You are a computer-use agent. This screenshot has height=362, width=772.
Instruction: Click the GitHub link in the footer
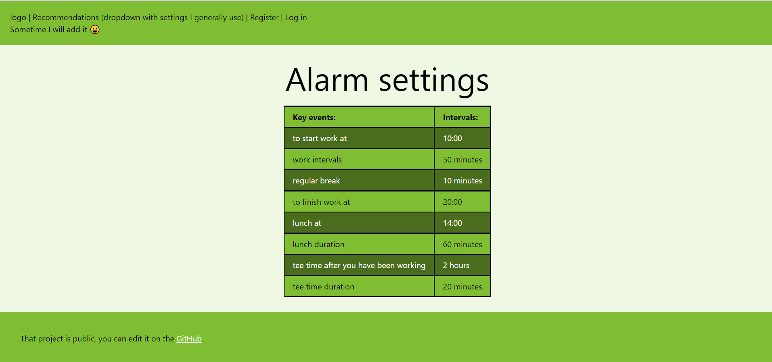pyautogui.click(x=189, y=339)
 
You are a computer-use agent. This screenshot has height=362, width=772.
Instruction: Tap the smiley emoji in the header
pyautogui.click(x=95, y=29)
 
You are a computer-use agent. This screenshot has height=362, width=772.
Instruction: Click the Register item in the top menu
pyautogui.click(x=264, y=17)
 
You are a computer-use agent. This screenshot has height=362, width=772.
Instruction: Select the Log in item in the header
pyautogui.click(x=296, y=17)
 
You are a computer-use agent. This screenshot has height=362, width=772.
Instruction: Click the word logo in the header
pyautogui.click(x=18, y=17)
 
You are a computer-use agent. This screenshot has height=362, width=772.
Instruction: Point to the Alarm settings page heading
pyautogui.click(x=387, y=80)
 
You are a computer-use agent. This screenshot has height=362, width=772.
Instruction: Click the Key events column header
pyautogui.click(x=314, y=117)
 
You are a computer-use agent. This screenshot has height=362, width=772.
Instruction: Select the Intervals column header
pyautogui.click(x=460, y=117)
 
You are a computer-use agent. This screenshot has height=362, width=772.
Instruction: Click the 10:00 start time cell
pyautogui.click(x=452, y=138)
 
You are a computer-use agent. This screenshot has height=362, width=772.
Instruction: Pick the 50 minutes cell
pyautogui.click(x=462, y=160)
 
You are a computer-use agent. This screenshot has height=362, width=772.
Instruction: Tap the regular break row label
pyautogui.click(x=316, y=181)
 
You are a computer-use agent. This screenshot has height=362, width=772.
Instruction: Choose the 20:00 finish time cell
pyautogui.click(x=452, y=202)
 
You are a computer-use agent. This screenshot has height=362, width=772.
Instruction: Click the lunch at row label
pyautogui.click(x=307, y=223)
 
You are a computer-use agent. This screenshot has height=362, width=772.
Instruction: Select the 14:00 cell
pyautogui.click(x=452, y=223)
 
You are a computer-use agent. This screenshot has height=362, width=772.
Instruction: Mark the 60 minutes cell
pyautogui.click(x=462, y=244)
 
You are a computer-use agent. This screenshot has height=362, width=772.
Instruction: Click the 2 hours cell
pyautogui.click(x=456, y=265)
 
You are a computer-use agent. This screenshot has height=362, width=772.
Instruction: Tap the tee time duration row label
pyautogui.click(x=323, y=287)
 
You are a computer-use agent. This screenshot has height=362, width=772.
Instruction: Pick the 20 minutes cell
pyautogui.click(x=462, y=287)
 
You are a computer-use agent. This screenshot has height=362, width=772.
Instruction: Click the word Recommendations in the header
pyautogui.click(x=66, y=17)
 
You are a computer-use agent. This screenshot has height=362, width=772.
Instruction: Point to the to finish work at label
pyautogui.click(x=321, y=202)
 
